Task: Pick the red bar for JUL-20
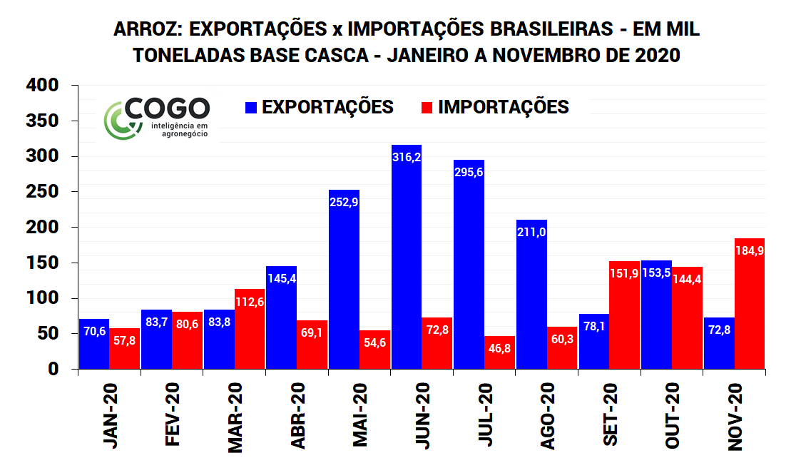[x=499, y=352]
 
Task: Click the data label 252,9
[x=344, y=202]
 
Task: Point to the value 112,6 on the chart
[x=250, y=301]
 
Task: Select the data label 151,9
[x=624, y=273]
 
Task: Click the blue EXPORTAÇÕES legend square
[x=251, y=108]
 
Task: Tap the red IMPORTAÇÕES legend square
[x=427, y=108]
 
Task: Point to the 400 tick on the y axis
[x=44, y=86]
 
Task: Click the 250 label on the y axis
[x=44, y=192]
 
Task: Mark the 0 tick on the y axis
[x=53, y=370]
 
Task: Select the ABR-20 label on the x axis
[x=298, y=415]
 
